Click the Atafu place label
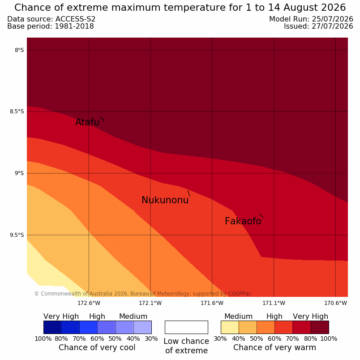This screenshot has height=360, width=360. [87, 122]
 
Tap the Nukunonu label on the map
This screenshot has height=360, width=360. [165, 200]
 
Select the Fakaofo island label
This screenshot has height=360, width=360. [243, 221]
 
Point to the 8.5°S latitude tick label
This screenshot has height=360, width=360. [17, 111]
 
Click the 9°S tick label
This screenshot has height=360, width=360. [19, 173]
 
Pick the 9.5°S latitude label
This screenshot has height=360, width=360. [17, 235]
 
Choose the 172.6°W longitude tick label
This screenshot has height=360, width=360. [89, 303]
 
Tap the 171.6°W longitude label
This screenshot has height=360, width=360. [212, 303]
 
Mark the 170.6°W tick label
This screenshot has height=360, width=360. [335, 303]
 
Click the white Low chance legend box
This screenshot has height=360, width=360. [186, 327]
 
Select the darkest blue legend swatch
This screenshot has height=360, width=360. [52, 327]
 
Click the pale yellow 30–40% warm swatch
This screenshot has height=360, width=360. [230, 327]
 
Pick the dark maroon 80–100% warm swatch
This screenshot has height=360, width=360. [320, 327]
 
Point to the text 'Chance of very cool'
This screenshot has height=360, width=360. [97, 347]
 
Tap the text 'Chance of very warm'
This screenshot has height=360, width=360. [274, 347]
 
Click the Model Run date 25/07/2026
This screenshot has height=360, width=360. [332, 19]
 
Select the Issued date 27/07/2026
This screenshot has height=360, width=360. [332, 26]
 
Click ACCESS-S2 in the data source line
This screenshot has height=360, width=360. [76, 19]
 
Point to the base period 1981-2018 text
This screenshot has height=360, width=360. [74, 26]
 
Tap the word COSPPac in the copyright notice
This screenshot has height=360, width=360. [240, 294]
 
